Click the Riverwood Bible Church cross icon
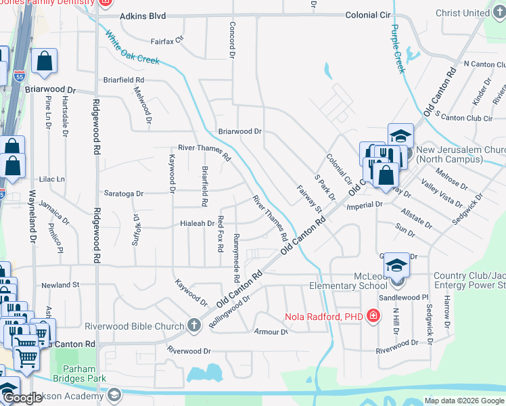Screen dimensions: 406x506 click(x=194, y=325)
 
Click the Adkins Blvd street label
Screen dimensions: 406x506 click(x=143, y=16)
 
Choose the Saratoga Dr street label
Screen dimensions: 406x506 click(x=123, y=194)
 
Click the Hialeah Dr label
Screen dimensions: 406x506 click(x=196, y=223)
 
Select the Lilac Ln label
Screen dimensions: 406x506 click(x=52, y=179)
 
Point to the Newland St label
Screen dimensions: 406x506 click(x=61, y=285)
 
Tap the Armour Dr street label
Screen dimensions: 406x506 click(x=271, y=332)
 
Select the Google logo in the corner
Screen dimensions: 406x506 click(x=22, y=398)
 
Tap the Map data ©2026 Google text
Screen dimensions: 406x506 click(x=463, y=401)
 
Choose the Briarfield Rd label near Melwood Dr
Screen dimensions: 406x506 click(x=124, y=79)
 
